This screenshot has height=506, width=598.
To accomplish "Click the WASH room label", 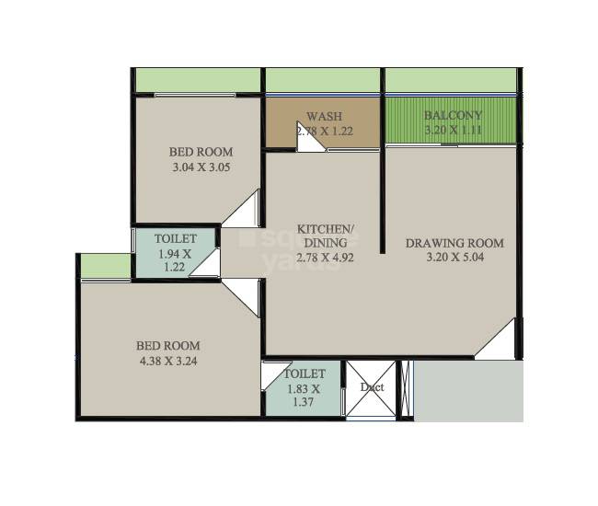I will [325, 117].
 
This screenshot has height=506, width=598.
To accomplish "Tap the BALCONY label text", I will [453, 116].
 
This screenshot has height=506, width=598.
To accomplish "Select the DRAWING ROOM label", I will [454, 243].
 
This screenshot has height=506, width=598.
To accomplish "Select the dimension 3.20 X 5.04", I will [454, 258].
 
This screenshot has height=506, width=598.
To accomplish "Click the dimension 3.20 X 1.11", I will [453, 131].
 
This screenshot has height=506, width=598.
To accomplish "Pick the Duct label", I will [372, 387].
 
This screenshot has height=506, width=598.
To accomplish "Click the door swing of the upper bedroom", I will [245, 213].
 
